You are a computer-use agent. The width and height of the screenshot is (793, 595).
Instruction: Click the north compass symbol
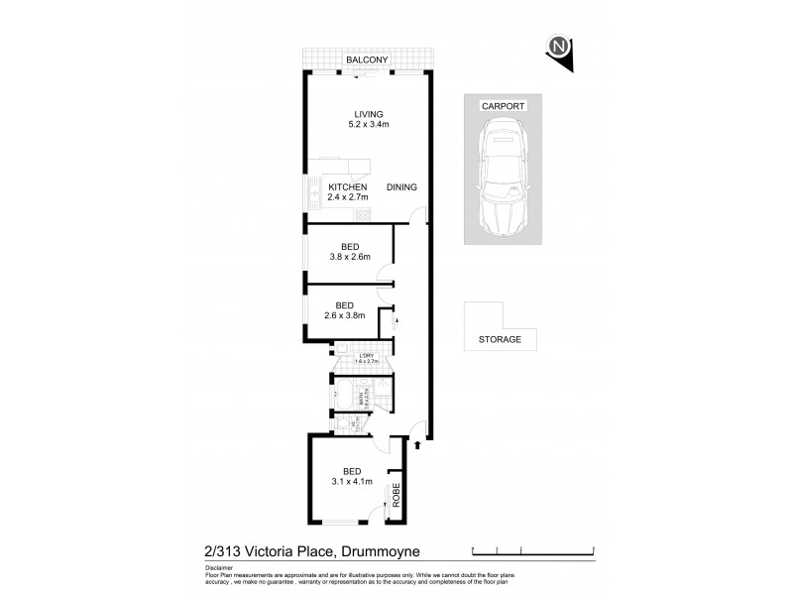561,47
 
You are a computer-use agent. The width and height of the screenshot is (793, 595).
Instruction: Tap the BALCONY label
366,60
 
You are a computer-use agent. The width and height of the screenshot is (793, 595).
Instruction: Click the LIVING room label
366,114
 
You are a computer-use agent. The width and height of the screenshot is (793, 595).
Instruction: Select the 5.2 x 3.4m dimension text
366,125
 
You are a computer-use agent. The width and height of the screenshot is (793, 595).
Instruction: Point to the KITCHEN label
348,187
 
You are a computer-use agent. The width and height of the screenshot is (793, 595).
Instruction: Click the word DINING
401,187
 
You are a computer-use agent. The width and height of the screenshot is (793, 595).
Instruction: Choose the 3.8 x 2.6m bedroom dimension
349,257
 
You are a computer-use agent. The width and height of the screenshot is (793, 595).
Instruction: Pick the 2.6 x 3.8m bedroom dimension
345,316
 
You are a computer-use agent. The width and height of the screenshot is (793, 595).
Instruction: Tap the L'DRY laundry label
367,354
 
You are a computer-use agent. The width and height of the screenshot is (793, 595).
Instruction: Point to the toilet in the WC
342,424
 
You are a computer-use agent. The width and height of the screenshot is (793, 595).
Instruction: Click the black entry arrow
417,445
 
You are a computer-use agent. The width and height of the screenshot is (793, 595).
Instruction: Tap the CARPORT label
503,105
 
